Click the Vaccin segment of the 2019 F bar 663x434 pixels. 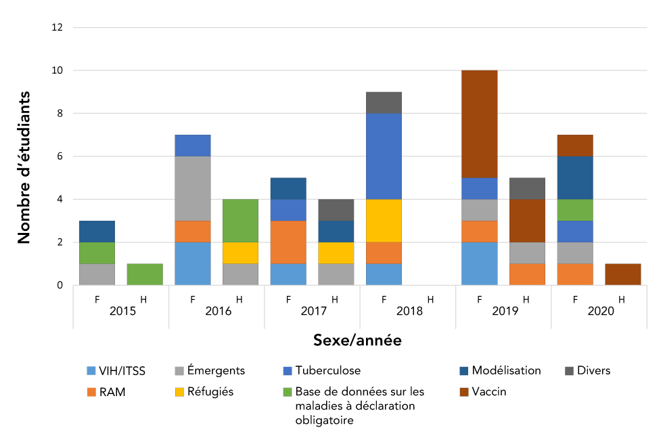click(479, 124)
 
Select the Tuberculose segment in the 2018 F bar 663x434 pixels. click(384, 156)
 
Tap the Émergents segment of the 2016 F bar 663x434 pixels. click(192, 188)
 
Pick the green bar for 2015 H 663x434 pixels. click(145, 274)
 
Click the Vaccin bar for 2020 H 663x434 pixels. click(622, 274)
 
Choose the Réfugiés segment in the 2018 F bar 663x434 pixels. click(384, 221)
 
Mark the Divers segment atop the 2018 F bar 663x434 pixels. click(384, 103)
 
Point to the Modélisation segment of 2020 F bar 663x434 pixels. click(575, 178)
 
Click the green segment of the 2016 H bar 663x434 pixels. click(240, 221)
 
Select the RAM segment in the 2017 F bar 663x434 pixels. click(288, 242)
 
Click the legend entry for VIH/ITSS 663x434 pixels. click(116, 370)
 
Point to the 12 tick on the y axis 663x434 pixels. click(58, 28)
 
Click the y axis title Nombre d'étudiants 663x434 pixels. click(24, 167)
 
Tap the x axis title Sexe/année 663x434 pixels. click(357, 341)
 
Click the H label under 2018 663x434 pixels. click(431, 298)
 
